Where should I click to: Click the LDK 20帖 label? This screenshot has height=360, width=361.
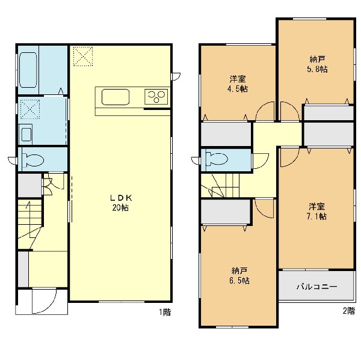click(x=121, y=203)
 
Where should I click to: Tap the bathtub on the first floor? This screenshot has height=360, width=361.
click(x=28, y=70)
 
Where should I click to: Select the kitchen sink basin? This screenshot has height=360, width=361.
click(x=116, y=97)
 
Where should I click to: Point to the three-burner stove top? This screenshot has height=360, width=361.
click(x=156, y=96)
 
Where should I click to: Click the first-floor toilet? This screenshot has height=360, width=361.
click(x=32, y=159)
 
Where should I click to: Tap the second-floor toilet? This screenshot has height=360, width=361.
click(x=217, y=159)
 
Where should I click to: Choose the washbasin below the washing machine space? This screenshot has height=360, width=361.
click(x=26, y=134)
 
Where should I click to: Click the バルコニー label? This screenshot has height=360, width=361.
click(x=316, y=287)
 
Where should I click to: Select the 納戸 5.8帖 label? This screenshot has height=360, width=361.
click(x=317, y=64)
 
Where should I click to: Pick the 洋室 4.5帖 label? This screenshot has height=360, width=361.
click(x=238, y=84)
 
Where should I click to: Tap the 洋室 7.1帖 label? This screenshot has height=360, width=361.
click(x=317, y=212)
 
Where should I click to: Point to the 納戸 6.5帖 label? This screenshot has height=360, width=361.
click(x=239, y=276)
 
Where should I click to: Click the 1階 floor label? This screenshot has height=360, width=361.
click(x=165, y=312)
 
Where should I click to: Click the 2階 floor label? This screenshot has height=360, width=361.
click(x=348, y=311)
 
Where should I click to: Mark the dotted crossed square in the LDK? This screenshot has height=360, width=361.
click(x=83, y=56)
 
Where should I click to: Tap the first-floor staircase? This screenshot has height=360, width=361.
click(x=30, y=224)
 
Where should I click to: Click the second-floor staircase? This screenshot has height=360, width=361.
click(x=220, y=185)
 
